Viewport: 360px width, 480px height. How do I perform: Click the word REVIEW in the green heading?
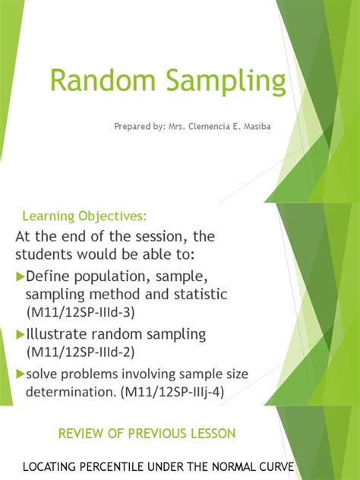83,433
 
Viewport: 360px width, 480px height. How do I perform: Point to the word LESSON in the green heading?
211,433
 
